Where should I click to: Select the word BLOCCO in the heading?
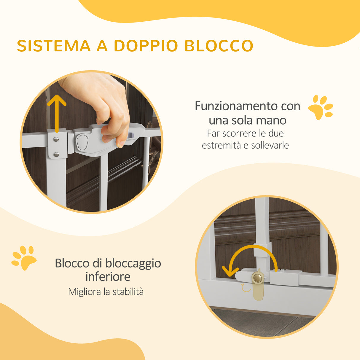(x=219, y=46)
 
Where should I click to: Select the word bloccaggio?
(x=133, y=263)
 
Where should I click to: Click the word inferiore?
(x=108, y=277)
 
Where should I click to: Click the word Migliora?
(x=85, y=292)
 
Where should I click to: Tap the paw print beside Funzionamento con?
(x=321, y=107)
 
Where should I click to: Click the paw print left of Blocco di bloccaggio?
(x=24, y=258)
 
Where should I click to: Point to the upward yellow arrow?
(x=56, y=113)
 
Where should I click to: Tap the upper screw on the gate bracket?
(x=56, y=139)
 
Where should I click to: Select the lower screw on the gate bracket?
(x=56, y=154)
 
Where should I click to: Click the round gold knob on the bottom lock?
(x=257, y=278)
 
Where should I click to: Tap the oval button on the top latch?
(x=82, y=142)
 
